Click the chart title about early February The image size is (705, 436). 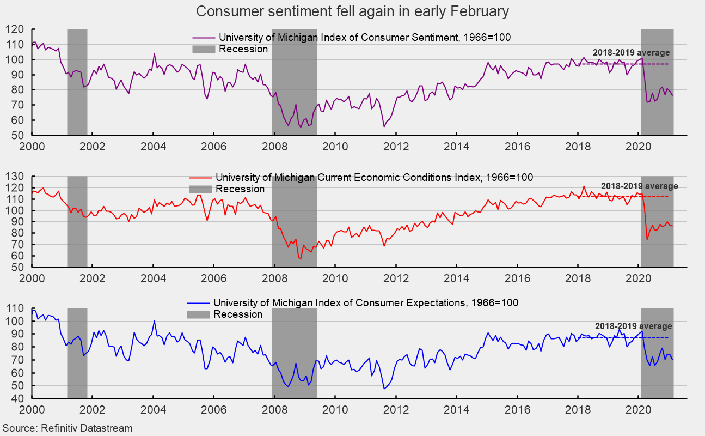coord(352,11)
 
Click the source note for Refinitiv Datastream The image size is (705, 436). coord(68,428)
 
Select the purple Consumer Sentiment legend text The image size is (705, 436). coord(365,38)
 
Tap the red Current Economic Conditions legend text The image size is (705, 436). coord(374,178)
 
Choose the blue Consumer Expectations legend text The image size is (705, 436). coord(366,303)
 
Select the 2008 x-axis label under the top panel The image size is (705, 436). coord(275,146)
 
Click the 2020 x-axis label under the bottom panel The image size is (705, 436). coord(638,410)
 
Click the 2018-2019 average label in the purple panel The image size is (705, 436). coord(632,53)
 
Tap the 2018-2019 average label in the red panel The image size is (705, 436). coord(639,186)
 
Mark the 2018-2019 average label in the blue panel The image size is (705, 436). coord(633,326)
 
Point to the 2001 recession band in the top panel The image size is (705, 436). coord(77,82)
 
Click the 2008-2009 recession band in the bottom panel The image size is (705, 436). coord(294,354)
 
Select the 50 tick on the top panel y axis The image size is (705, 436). coord(19,135)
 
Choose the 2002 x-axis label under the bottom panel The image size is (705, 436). coord(93,410)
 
